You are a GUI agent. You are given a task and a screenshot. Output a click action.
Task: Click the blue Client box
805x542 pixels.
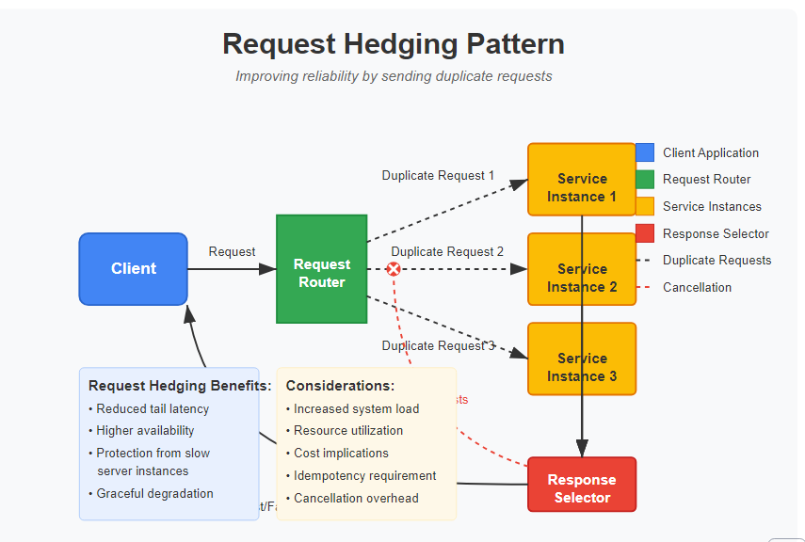click(x=133, y=269)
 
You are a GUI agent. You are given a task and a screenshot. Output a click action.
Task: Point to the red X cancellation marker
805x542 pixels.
click(x=394, y=269)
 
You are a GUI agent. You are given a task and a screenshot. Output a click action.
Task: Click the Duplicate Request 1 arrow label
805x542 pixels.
click(x=438, y=176)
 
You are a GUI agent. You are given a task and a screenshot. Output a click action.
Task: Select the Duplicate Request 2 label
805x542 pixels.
click(x=447, y=252)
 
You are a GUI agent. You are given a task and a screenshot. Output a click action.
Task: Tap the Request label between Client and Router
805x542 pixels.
click(x=232, y=252)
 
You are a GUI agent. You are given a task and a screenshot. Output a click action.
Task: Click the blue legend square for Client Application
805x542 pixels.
click(x=645, y=152)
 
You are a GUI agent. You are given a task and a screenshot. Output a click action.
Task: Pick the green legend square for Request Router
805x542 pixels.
click(x=645, y=179)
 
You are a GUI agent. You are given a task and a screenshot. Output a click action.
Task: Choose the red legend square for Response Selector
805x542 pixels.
click(x=645, y=233)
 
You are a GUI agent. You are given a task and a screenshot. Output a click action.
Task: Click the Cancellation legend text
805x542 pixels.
click(x=697, y=288)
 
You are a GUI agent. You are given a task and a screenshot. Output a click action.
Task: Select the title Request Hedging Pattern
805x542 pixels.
click(x=394, y=44)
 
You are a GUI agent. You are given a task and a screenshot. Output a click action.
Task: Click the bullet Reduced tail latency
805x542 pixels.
click(x=153, y=409)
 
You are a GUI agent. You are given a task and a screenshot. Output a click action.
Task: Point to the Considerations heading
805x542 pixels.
click(x=340, y=386)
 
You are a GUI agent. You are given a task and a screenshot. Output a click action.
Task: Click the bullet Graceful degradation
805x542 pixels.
click(x=154, y=494)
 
